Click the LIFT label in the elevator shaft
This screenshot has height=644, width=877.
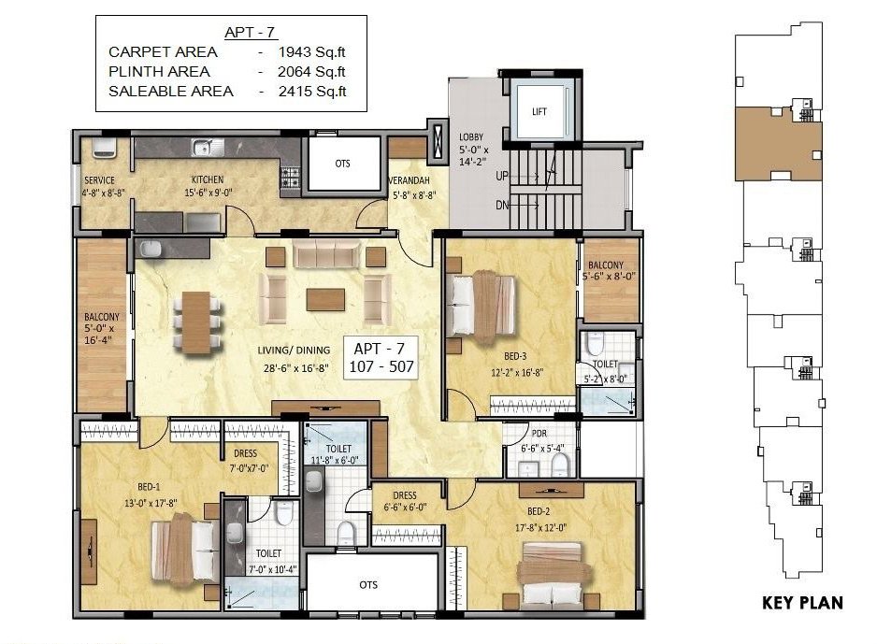click(x=539, y=111)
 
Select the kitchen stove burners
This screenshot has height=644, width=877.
click(x=290, y=178)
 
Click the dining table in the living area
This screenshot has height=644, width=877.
click(x=196, y=322)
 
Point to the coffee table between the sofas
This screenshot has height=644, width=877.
click(x=325, y=299)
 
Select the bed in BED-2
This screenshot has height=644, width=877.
click(x=554, y=574)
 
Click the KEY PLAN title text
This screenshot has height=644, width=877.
click(x=802, y=603)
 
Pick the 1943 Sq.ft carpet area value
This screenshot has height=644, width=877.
click(x=311, y=52)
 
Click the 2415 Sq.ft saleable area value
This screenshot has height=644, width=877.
click(x=312, y=91)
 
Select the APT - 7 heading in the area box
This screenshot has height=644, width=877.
click(x=250, y=33)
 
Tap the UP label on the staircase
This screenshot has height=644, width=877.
click(x=502, y=176)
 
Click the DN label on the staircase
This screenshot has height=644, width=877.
click(x=502, y=205)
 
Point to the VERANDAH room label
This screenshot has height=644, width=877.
click(x=410, y=180)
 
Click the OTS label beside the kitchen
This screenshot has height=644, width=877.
click(x=343, y=164)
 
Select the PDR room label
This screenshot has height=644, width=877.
click(x=539, y=434)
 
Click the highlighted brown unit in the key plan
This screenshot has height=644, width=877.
click(x=778, y=144)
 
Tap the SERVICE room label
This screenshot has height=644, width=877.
click(x=99, y=180)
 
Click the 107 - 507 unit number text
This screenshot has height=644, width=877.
click(x=381, y=366)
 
